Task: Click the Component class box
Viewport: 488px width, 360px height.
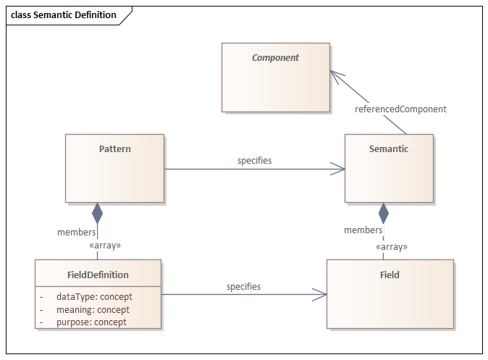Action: point(275,77)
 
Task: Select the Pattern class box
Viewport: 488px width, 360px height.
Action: point(114,168)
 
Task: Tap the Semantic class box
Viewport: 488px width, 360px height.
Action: point(389,168)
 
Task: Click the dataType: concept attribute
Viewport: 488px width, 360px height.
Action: point(94,296)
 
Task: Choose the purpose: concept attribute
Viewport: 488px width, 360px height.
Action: point(91,322)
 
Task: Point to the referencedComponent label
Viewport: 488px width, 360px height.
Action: point(400,109)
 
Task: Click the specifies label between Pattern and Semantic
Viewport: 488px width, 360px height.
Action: point(254,160)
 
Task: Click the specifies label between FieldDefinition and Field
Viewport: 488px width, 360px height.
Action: point(243,287)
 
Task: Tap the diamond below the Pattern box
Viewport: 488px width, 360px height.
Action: point(97,213)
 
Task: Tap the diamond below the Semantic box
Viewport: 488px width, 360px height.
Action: point(384,213)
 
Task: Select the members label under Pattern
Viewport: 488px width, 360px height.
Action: point(76,233)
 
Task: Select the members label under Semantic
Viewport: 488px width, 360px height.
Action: point(363,230)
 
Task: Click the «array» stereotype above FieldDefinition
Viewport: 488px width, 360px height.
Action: point(104,246)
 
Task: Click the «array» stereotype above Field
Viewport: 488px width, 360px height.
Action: point(391,247)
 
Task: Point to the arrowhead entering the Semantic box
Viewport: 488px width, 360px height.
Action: point(338,169)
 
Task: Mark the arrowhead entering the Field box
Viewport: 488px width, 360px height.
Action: point(319,295)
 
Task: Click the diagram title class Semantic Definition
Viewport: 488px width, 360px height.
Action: point(64,14)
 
